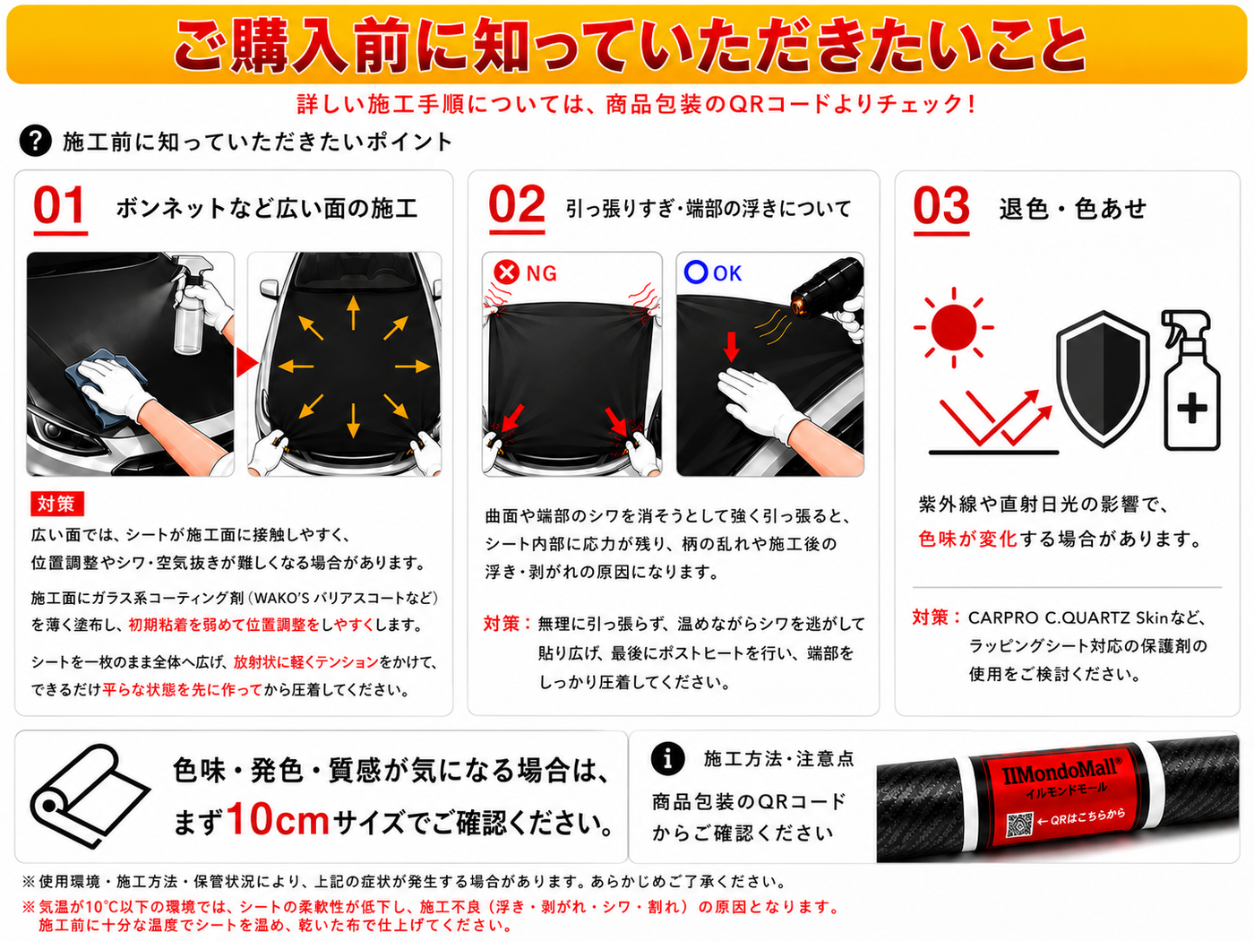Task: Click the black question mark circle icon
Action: pyautogui.click(x=36, y=141)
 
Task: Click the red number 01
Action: pyautogui.click(x=59, y=205)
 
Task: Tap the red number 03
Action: pyautogui.click(x=940, y=205)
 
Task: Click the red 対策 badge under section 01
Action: pyautogui.click(x=57, y=504)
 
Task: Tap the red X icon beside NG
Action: pyautogui.click(x=507, y=272)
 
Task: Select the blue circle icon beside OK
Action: pyautogui.click(x=696, y=272)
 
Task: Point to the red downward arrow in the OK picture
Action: pyautogui.click(x=731, y=347)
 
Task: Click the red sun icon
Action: pyautogui.click(x=953, y=327)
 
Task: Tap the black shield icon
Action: pyautogui.click(x=1103, y=378)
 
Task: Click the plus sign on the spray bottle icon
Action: pyautogui.click(x=1191, y=408)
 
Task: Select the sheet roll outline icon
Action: pyautogui.click(x=90, y=795)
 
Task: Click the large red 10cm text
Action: pyautogui.click(x=279, y=820)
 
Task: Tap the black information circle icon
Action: pyautogui.click(x=667, y=759)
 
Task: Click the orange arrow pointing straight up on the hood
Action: pyautogui.click(x=353, y=312)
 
